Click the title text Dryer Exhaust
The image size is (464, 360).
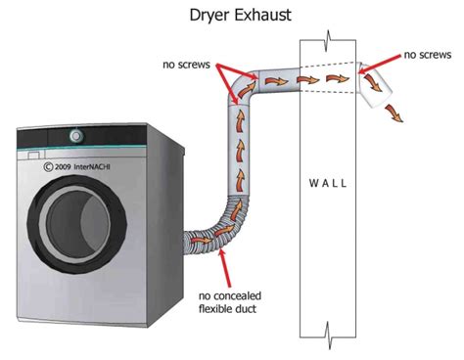[232, 16]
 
